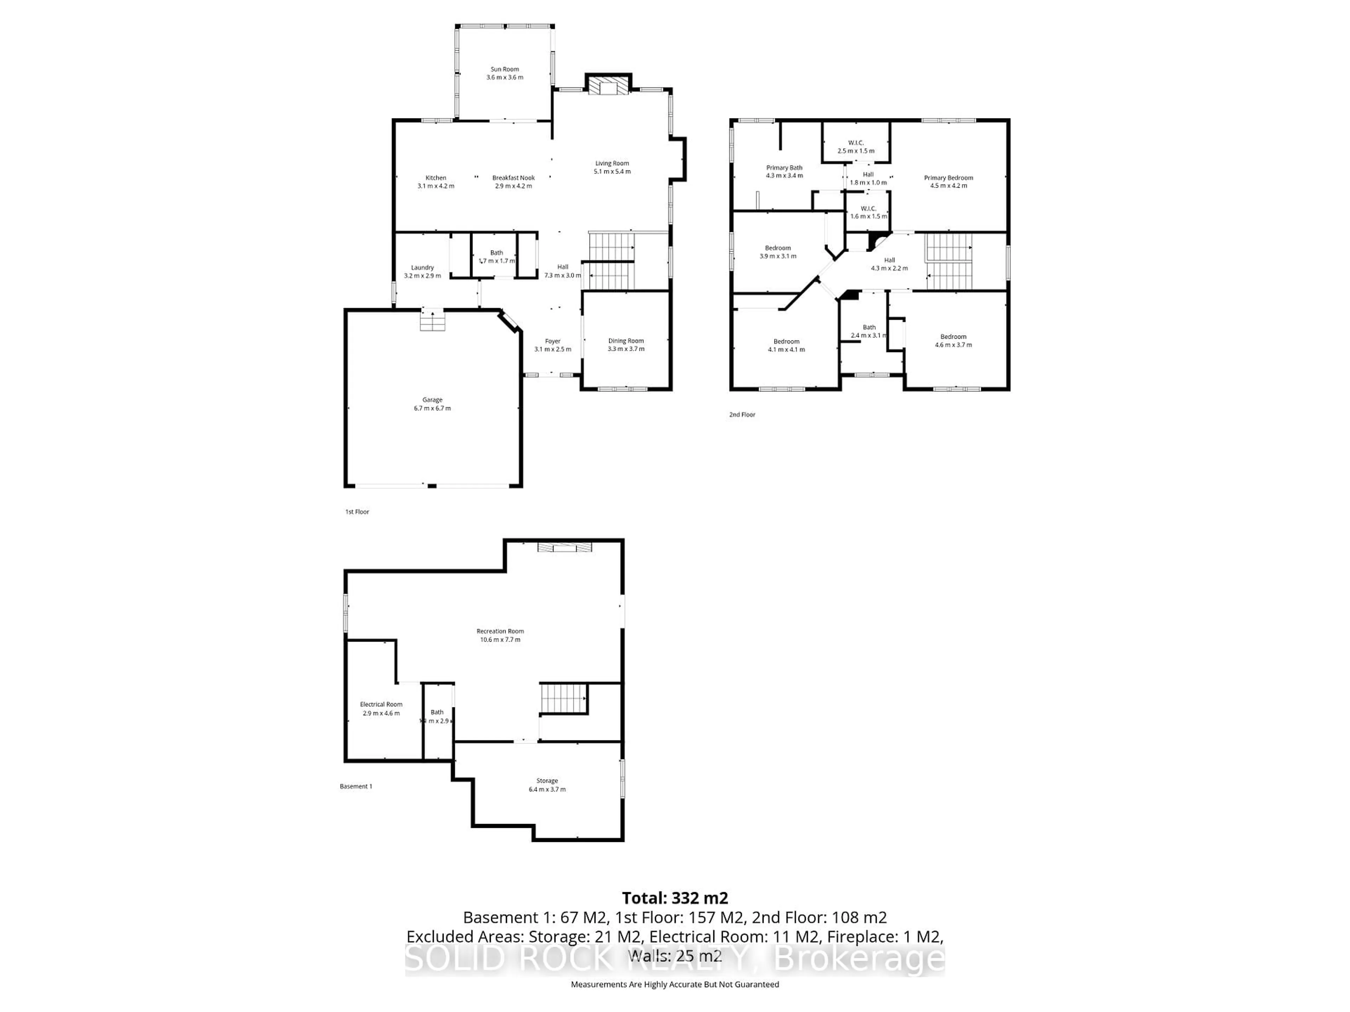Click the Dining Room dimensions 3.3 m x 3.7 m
click(625, 349)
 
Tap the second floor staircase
click(949, 261)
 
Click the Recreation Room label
click(500, 631)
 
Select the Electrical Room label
click(381, 704)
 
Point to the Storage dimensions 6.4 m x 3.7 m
click(547, 789)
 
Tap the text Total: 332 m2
click(674, 898)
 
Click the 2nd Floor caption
click(742, 415)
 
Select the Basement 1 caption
click(356, 786)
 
